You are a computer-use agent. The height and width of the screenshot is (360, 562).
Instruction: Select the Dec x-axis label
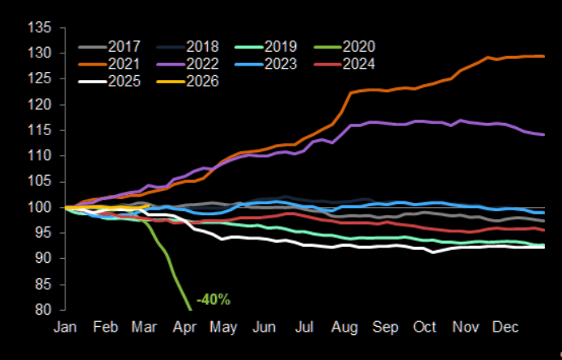(505, 328)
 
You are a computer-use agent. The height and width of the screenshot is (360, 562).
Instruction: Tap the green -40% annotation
(213, 300)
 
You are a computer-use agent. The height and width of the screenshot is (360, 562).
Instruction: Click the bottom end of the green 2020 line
(190, 309)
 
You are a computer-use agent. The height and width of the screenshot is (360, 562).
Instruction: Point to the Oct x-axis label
(425, 328)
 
